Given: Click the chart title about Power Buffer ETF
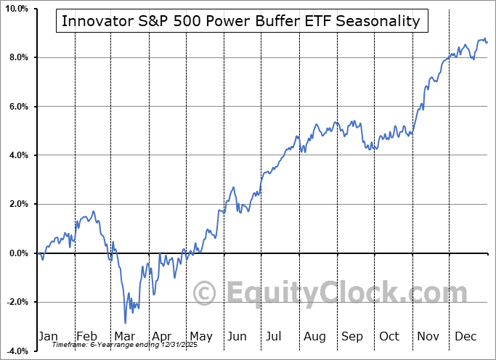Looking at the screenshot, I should [241, 21].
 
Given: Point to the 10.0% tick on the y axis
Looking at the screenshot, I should [16, 9].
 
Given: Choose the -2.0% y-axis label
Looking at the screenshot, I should [16, 302].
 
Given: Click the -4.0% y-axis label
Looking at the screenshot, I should [16, 351].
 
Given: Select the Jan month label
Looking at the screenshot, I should [48, 336].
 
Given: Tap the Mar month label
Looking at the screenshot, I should [125, 336].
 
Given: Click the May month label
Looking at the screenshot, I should [200, 336].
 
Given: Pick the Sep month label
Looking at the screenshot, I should [352, 336].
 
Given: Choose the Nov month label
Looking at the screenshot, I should [428, 336].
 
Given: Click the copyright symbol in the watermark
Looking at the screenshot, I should [206, 294].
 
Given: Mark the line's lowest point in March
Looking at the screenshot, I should [125, 323].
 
